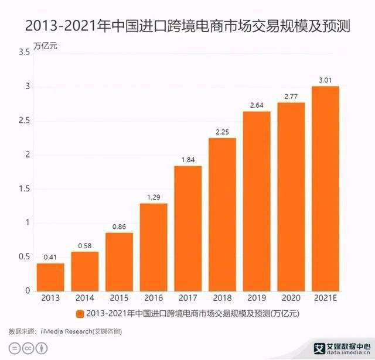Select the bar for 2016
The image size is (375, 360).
[x=153, y=247]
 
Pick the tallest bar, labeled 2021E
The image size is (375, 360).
[x=325, y=188]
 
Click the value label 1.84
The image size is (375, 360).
[x=187, y=160]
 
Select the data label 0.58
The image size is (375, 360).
[x=84, y=246]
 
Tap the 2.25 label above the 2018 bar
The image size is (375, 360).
[x=222, y=132]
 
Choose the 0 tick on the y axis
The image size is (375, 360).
[x=27, y=290]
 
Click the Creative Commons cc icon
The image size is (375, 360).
[x=27, y=348]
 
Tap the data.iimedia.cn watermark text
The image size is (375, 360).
[x=343, y=353]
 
